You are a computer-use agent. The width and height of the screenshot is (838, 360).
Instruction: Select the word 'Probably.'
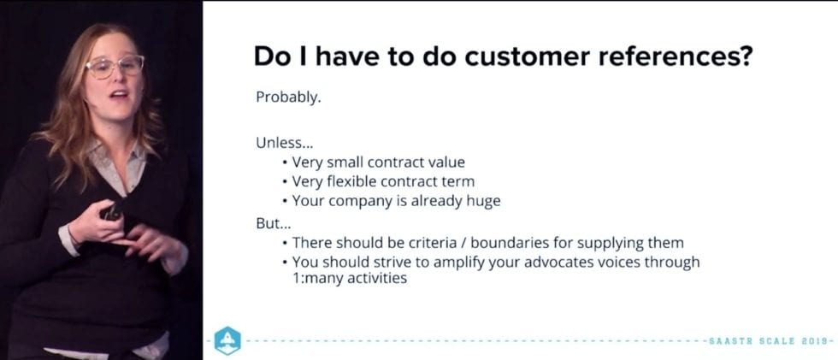[288, 97]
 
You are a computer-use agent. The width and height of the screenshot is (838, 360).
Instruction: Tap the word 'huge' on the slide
[482, 201]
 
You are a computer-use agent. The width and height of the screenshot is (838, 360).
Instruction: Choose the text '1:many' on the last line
[315, 278]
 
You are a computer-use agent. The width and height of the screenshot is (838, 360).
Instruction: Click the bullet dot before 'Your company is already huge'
[285, 202]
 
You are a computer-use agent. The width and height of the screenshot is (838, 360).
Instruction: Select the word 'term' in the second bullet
[459, 181]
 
